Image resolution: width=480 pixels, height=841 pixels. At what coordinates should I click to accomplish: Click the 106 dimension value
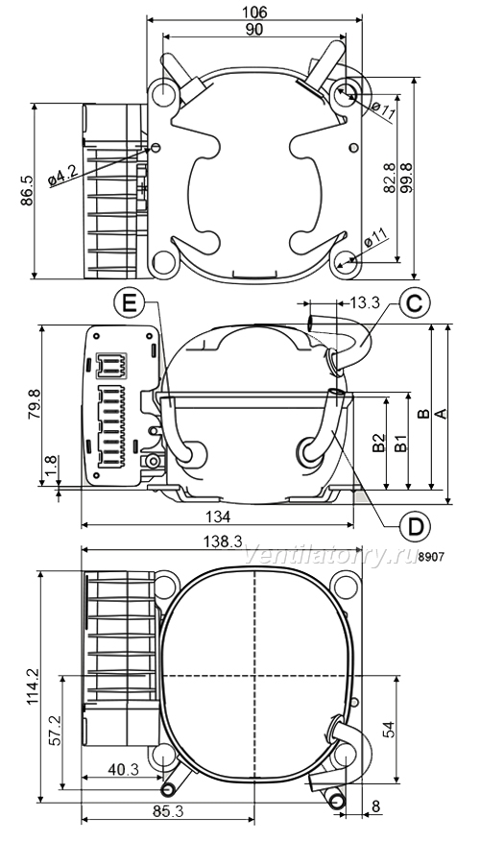[x=254, y=12]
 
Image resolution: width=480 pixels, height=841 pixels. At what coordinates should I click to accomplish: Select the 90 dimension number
[x=254, y=30]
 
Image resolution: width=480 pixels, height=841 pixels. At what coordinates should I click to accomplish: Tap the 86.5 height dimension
[x=27, y=190]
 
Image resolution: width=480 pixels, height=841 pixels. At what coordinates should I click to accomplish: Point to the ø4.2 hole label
[x=62, y=176]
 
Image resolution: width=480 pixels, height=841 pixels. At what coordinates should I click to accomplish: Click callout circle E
[x=129, y=303]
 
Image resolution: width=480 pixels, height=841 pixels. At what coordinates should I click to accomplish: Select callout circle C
[x=414, y=303]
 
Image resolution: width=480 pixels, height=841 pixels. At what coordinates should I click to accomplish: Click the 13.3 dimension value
[x=365, y=303]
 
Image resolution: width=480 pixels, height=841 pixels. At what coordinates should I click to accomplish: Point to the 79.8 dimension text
[x=34, y=406]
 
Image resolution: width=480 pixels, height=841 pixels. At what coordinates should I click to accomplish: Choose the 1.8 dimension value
[x=51, y=468]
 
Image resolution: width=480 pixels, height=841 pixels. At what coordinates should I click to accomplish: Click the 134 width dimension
[x=218, y=517]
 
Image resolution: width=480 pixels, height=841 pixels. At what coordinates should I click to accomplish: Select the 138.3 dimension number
[x=222, y=541]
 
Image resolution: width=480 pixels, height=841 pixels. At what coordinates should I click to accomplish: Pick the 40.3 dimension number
[x=123, y=770]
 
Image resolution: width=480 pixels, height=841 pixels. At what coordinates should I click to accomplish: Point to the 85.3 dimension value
[x=168, y=811]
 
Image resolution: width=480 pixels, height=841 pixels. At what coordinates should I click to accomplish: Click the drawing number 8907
[x=431, y=557]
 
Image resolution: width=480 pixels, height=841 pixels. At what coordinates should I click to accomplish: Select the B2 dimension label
[x=379, y=443]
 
